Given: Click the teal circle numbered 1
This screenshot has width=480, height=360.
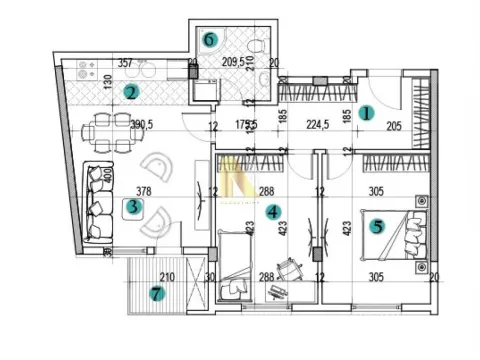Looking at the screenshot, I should pos(366,114).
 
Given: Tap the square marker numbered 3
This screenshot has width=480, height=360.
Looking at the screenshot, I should pos(132,208).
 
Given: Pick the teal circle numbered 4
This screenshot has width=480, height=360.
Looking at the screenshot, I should pos(273,211).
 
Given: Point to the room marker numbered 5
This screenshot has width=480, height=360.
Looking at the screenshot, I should pos(376,226).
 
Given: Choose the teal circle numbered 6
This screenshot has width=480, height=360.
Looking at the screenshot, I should pos(210,40).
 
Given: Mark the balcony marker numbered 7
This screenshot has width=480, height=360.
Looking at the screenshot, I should pos(155,294).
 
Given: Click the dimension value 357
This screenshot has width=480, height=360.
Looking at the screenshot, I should pos(126,63).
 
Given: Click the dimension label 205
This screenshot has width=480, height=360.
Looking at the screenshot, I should pos(393,126).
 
